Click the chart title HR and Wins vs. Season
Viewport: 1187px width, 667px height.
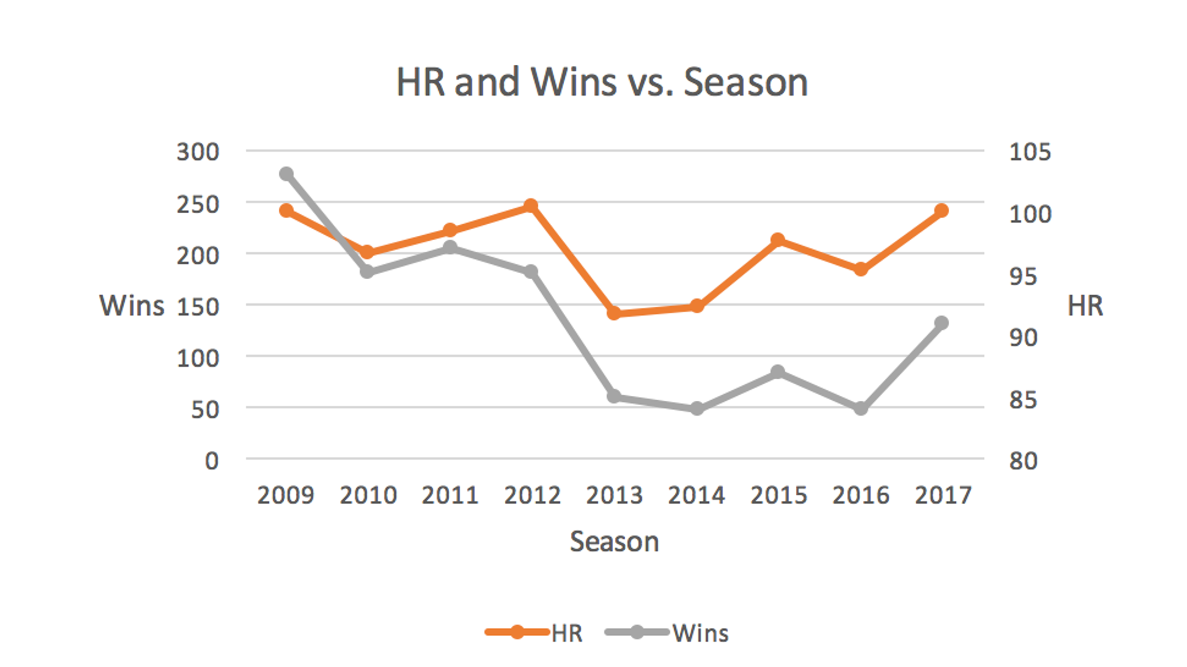pyautogui.click(x=602, y=82)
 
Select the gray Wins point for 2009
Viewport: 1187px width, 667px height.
pyautogui.click(x=286, y=174)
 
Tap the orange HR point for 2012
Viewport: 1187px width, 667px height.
pyautogui.click(x=531, y=206)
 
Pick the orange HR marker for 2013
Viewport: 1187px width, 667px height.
pyautogui.click(x=614, y=313)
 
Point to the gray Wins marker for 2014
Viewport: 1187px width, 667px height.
pyautogui.click(x=697, y=408)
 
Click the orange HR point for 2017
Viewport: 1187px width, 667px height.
pyautogui.click(x=941, y=211)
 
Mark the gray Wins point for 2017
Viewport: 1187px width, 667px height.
pyautogui.click(x=941, y=323)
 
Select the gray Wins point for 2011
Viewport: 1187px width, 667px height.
pyautogui.click(x=450, y=248)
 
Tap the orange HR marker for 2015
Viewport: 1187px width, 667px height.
pyautogui.click(x=778, y=240)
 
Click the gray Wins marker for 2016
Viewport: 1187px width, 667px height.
pyautogui.click(x=860, y=408)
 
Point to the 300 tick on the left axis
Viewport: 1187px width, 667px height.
pyautogui.click(x=198, y=152)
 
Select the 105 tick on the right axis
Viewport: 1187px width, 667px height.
pyautogui.click(x=1029, y=152)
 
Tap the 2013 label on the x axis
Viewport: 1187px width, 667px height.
pyautogui.click(x=614, y=495)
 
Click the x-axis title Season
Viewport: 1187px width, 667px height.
pyautogui.click(x=614, y=542)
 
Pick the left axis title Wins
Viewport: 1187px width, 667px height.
pyautogui.click(x=132, y=306)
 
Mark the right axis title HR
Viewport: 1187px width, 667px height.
pyautogui.click(x=1085, y=306)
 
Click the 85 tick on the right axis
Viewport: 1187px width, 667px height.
pyautogui.click(x=1023, y=400)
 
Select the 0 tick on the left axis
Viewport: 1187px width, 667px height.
pyautogui.click(x=211, y=461)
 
